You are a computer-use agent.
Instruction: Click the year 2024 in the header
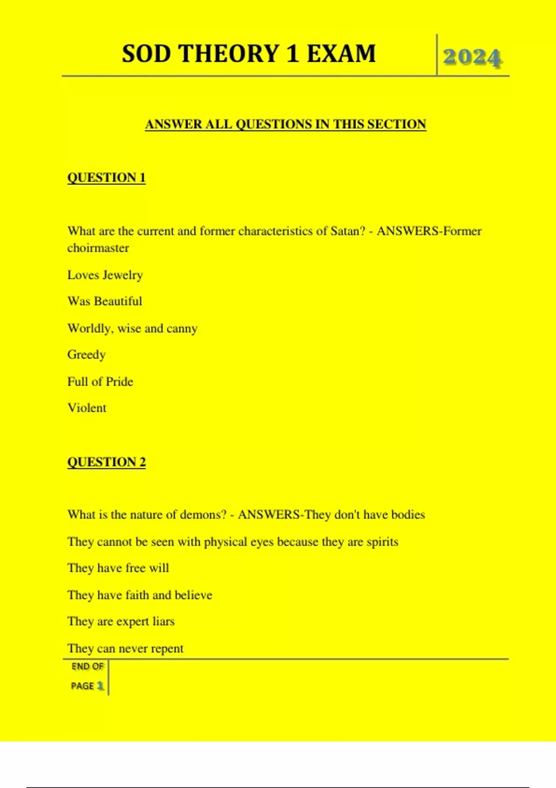coord(472,57)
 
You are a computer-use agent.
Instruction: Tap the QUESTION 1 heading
coord(106,178)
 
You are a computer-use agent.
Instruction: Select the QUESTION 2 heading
coord(106,462)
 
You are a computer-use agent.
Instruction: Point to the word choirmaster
coord(98,248)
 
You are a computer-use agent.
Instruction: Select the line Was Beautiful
coord(105,301)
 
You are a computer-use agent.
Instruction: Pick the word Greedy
coord(86,355)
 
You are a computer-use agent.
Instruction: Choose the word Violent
coord(87,408)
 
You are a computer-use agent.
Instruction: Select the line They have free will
coord(118,568)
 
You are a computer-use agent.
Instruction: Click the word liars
coord(164,621)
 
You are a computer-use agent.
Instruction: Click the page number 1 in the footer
coord(100,686)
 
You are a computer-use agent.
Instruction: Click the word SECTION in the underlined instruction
coord(396,124)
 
